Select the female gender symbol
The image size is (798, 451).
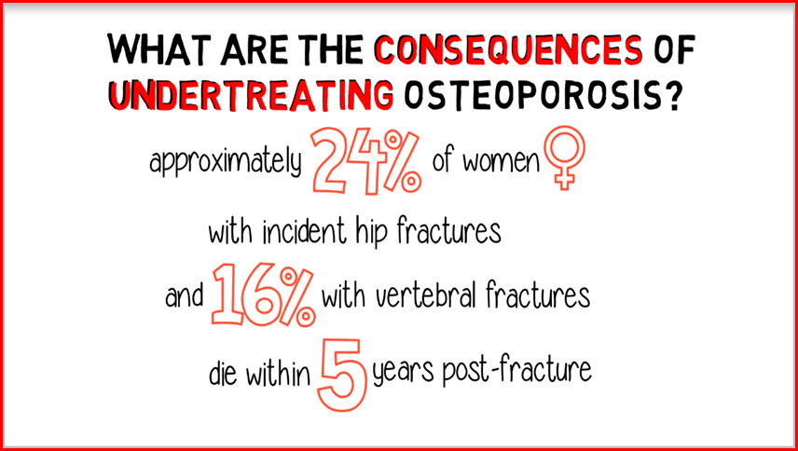point(564,157)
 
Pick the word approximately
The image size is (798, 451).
point(226,164)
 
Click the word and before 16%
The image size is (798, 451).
point(184,296)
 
